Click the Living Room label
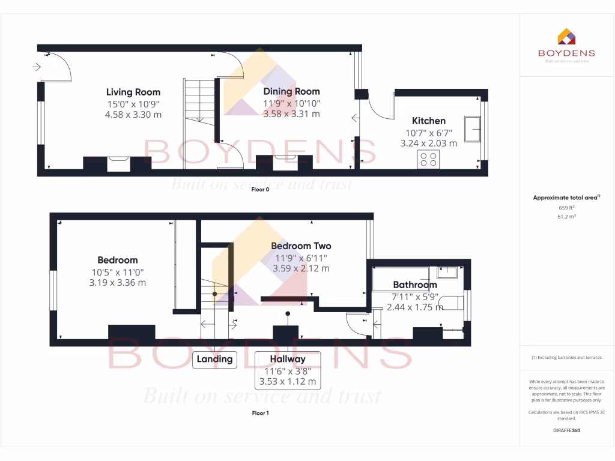[x=133, y=92]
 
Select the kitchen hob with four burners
[x=429, y=159]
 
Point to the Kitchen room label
[x=428, y=121]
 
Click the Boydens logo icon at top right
[x=566, y=37]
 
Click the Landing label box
[x=214, y=360]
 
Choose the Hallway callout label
[x=287, y=359]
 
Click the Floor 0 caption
[x=259, y=189]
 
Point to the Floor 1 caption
[x=259, y=413]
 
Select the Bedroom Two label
[x=301, y=246]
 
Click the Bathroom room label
[x=414, y=285]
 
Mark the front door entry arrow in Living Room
[x=37, y=67]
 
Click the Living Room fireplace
[x=118, y=163]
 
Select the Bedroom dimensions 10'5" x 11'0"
[x=118, y=271]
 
